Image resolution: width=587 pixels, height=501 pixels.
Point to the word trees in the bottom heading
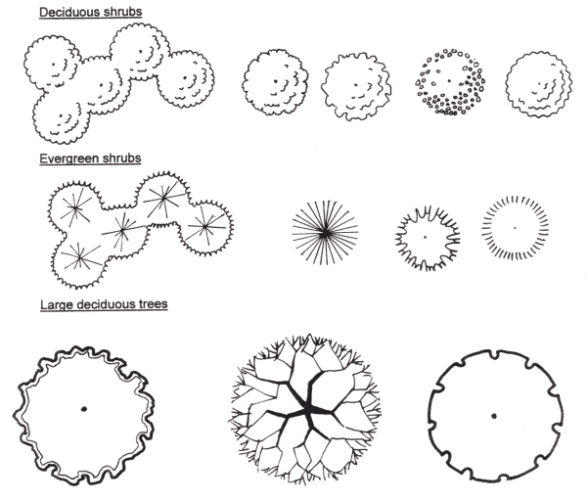(150, 304)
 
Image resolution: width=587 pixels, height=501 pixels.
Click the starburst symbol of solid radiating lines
(326, 232)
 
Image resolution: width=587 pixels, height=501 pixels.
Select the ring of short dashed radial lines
(516, 228)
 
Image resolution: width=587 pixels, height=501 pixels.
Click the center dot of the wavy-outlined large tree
(85, 408)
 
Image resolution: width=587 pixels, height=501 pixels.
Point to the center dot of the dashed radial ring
(516, 228)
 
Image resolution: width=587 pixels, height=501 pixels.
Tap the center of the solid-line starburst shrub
(326, 232)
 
